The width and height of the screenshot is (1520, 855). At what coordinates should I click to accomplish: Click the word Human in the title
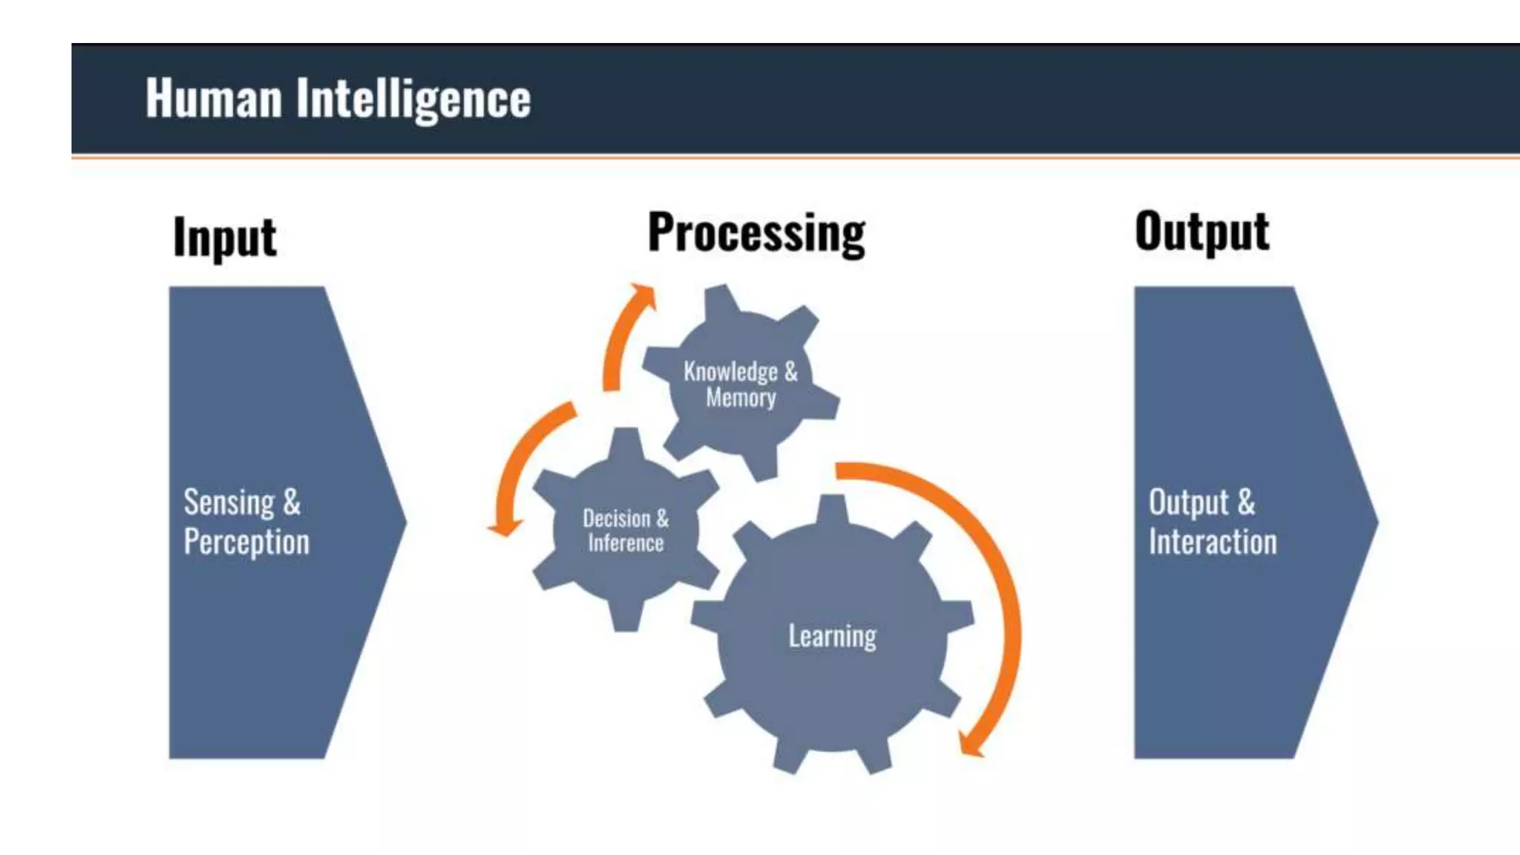pyautogui.click(x=214, y=98)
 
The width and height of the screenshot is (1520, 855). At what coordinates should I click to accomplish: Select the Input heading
pyautogui.click(x=224, y=237)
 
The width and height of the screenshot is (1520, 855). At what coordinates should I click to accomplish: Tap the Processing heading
pyautogui.click(x=756, y=233)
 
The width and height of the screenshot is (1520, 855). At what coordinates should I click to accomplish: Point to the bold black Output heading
pyautogui.click(x=1202, y=232)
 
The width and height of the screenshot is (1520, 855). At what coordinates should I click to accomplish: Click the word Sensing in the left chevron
pyautogui.click(x=229, y=502)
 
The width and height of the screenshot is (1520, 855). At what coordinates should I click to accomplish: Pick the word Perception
pyautogui.click(x=246, y=542)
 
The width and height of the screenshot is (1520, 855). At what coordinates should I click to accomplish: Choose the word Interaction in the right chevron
pyautogui.click(x=1213, y=542)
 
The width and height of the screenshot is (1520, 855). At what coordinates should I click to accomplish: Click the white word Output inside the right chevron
pyautogui.click(x=1189, y=502)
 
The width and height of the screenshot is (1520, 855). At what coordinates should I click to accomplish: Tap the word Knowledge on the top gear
pyautogui.click(x=730, y=371)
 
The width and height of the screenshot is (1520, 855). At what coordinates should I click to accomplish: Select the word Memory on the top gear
pyautogui.click(x=741, y=398)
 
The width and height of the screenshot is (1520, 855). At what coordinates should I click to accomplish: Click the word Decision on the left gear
pyautogui.click(x=616, y=518)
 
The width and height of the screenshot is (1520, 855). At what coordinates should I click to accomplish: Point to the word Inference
pyautogui.click(x=626, y=543)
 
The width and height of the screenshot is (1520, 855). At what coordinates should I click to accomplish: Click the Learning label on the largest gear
pyautogui.click(x=832, y=636)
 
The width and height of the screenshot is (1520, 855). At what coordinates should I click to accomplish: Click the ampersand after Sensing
pyautogui.click(x=292, y=502)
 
